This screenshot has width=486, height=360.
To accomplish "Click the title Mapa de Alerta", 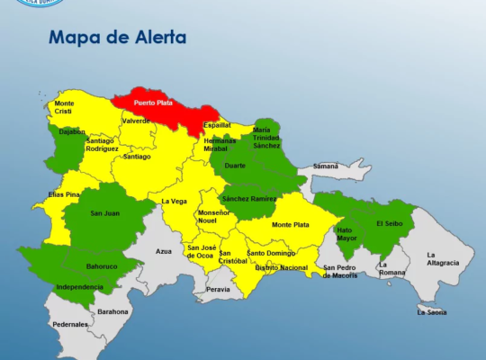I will [117, 38].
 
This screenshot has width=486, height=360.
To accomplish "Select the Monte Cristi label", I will [65, 108].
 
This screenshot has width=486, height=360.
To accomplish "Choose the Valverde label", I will [136, 120].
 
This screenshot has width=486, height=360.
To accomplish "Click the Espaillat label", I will [216, 125].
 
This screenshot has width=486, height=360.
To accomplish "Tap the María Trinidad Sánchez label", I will [265, 137].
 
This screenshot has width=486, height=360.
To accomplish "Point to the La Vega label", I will [173, 201].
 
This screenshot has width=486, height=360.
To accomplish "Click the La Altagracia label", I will [443, 258].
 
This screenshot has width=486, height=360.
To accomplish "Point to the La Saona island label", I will [431, 311].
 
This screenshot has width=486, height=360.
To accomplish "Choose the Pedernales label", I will [69, 324].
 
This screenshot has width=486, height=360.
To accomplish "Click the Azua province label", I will [163, 251].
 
